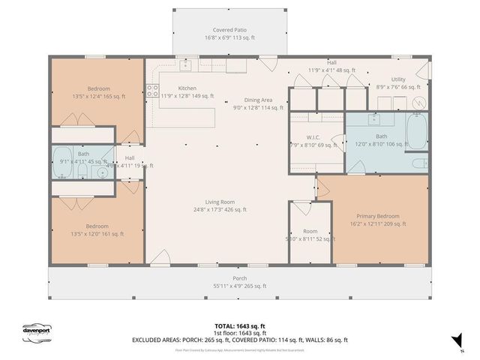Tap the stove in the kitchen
[151, 91]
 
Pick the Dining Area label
[257, 100]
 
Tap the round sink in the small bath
[103, 171]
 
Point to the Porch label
[239, 278]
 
